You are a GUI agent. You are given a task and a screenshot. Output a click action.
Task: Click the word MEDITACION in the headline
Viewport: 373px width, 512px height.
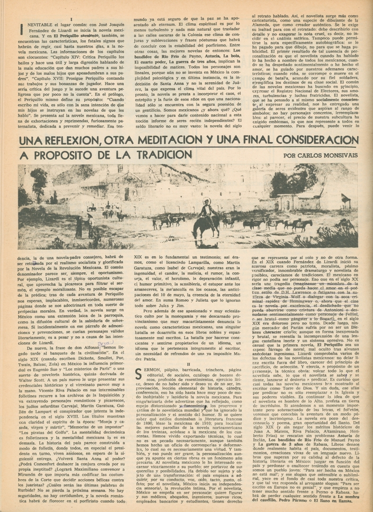157,141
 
